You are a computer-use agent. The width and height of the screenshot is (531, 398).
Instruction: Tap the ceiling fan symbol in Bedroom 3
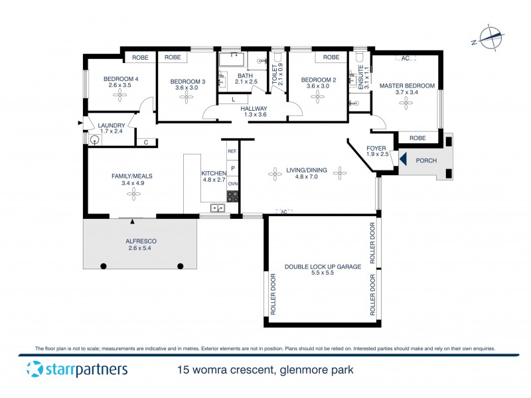pyautogui.click(x=186, y=96)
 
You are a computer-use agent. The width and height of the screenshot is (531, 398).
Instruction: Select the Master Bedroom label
pyautogui.click(x=407, y=86)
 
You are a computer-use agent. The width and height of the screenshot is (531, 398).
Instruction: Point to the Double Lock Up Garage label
pyautogui.click(x=323, y=266)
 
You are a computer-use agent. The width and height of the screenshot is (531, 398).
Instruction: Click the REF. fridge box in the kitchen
pyautogui.click(x=232, y=151)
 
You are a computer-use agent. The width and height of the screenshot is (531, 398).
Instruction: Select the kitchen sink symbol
pyautogui.click(x=217, y=208)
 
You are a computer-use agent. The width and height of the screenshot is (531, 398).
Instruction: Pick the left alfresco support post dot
pyautogui.click(x=104, y=266)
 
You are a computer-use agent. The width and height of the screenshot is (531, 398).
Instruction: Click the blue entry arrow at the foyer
pyautogui.click(x=402, y=160)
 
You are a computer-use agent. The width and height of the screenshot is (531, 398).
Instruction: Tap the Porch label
pyautogui.click(x=425, y=161)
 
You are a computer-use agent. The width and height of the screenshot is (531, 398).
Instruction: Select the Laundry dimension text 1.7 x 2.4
pyautogui.click(x=111, y=131)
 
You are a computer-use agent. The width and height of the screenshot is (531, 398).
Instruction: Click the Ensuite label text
pyautogui.click(x=361, y=78)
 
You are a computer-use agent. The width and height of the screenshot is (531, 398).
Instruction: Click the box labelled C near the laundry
pyautogui.click(x=145, y=142)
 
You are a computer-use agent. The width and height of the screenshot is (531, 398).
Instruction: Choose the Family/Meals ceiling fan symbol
pyautogui.click(x=134, y=194)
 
